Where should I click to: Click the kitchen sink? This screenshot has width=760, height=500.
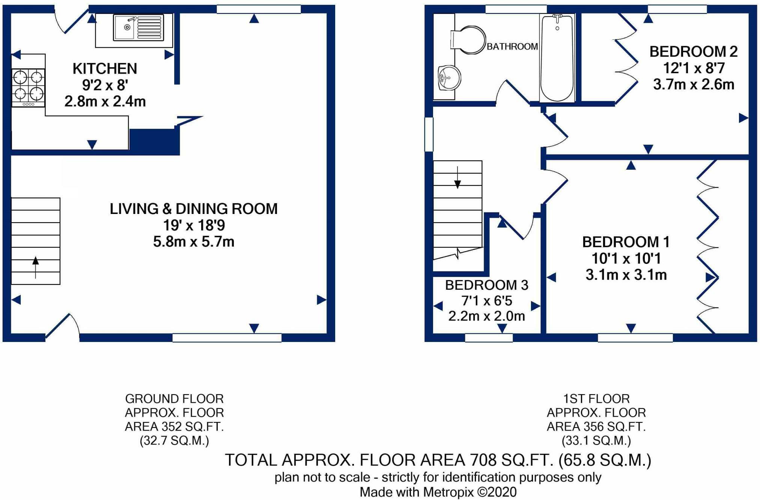pyautogui.click(x=138, y=27)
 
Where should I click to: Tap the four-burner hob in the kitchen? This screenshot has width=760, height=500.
pyautogui.click(x=28, y=88)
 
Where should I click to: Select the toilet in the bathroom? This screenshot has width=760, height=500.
pyautogui.click(x=468, y=40)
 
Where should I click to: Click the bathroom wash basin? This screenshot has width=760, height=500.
pyautogui.click(x=449, y=78)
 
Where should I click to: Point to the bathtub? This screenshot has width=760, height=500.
pyautogui.click(x=557, y=58)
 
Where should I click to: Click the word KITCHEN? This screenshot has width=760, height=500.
pyautogui.click(x=105, y=69)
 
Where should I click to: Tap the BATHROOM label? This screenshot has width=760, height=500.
pyautogui.click(x=512, y=47)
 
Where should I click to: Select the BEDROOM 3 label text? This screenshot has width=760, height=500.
pyautogui.click(x=487, y=285)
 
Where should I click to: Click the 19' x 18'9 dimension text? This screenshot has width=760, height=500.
pyautogui.click(x=194, y=225)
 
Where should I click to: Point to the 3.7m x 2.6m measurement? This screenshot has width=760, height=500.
pyautogui.click(x=694, y=84)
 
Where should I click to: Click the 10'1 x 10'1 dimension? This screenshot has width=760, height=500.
pyautogui.click(x=626, y=258)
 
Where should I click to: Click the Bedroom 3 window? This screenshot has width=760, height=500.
pyautogui.click(x=489, y=337)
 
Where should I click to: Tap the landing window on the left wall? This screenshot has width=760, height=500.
pyautogui.click(x=429, y=134)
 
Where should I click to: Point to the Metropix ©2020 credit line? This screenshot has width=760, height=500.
pyautogui.click(x=438, y=492)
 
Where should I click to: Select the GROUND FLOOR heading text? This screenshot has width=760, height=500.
pyautogui.click(x=174, y=398)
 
